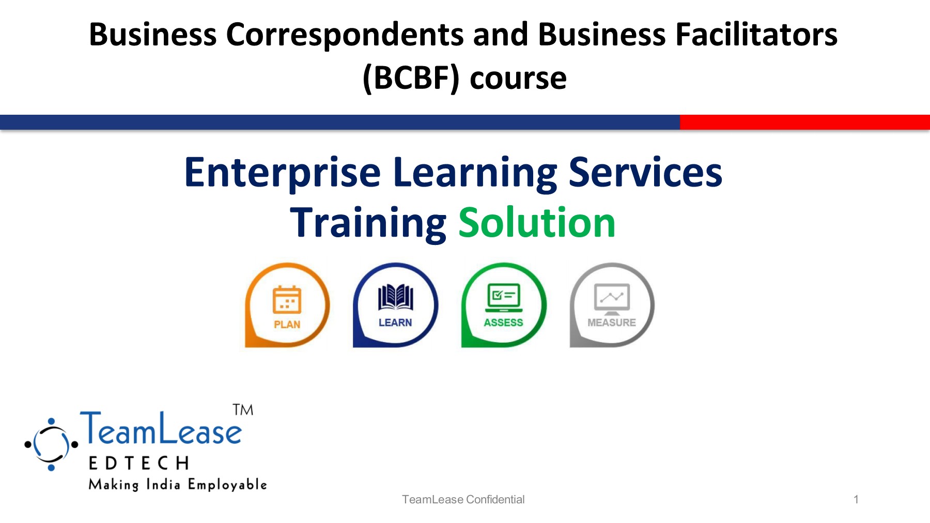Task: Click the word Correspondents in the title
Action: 345,35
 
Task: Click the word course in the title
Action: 518,79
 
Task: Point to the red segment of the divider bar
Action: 804,122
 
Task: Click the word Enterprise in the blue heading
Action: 283,173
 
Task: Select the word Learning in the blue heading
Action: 475,173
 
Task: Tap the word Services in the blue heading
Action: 645,173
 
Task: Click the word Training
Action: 368,223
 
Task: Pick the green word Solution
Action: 537,223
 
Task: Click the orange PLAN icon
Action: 287,305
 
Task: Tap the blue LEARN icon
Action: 395,305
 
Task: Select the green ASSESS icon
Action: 504,305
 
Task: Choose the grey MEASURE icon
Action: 612,305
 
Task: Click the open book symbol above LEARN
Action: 395,297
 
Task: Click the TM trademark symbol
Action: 243,410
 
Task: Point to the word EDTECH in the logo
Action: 139,463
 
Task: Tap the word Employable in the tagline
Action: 227,485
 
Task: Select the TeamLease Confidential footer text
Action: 463,499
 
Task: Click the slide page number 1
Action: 856,499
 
